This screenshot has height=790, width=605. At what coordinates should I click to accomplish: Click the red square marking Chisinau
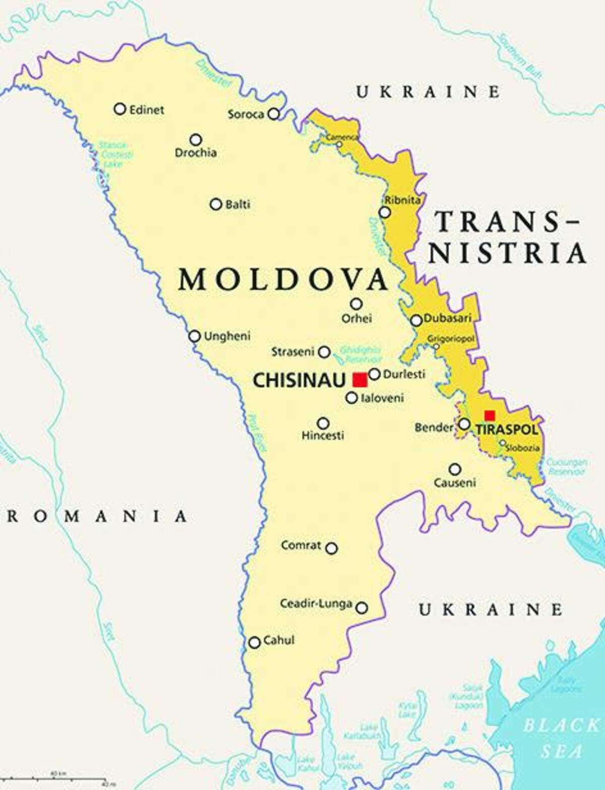[x=359, y=379]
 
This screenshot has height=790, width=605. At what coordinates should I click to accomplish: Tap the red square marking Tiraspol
[x=489, y=416]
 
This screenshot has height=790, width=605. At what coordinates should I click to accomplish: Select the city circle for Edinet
[x=120, y=108]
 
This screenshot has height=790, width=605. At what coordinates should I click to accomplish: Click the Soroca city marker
[x=273, y=114]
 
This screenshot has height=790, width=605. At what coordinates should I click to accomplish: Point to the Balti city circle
[x=216, y=204]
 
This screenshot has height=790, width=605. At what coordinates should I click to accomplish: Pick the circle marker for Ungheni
[x=194, y=336]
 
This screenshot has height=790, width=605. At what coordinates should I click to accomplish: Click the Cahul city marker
[x=255, y=642]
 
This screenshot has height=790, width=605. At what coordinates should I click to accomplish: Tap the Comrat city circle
[x=331, y=548]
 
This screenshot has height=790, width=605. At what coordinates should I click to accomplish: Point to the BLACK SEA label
[x=560, y=739]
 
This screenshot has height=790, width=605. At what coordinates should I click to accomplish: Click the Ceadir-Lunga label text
[x=316, y=603]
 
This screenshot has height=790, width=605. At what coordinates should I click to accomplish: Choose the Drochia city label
[x=196, y=152]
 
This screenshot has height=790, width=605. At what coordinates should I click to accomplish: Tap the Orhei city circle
[x=356, y=304]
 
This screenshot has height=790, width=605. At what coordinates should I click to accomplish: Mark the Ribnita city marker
[x=385, y=212]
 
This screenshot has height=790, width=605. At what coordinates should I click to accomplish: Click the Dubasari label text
[x=447, y=318]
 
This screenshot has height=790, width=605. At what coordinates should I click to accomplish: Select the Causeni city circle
[x=455, y=469]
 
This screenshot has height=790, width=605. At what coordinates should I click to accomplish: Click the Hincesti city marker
[x=323, y=423]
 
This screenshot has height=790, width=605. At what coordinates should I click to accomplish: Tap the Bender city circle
[x=464, y=424]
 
